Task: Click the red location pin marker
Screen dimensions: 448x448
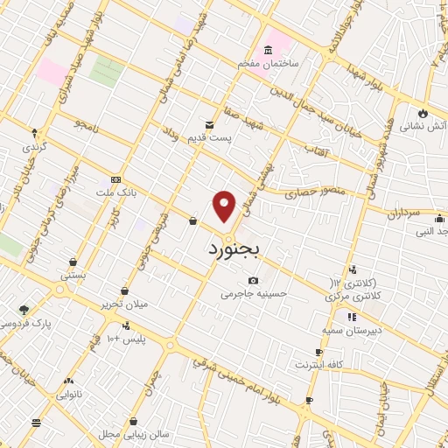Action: point(225,206)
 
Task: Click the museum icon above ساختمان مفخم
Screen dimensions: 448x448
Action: point(267,50)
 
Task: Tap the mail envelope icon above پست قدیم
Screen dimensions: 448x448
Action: point(209,125)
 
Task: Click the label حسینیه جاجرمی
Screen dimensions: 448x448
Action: point(254,294)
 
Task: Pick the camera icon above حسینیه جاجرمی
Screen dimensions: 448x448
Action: point(253,280)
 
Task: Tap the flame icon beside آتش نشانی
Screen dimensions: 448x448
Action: point(422,112)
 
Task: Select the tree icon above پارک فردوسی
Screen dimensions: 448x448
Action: point(24,309)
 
